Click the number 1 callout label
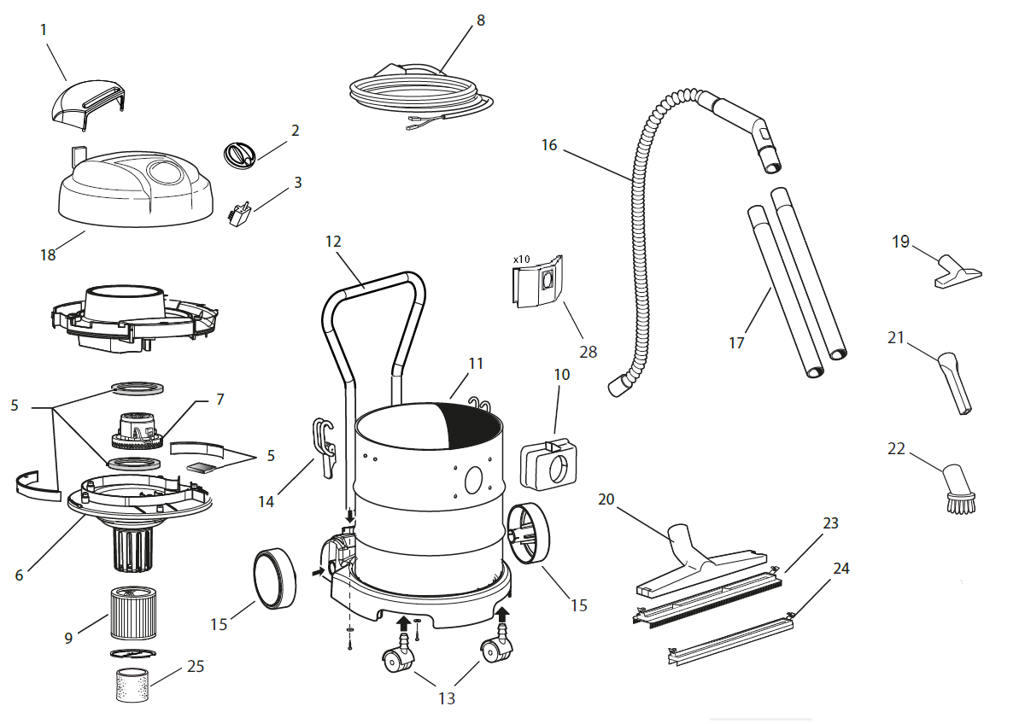click(44, 30)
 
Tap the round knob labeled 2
click(239, 155)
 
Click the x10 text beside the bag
click(521, 258)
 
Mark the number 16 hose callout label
click(548, 145)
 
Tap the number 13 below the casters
click(446, 698)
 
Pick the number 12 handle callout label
click(333, 242)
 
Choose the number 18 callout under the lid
click(48, 254)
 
